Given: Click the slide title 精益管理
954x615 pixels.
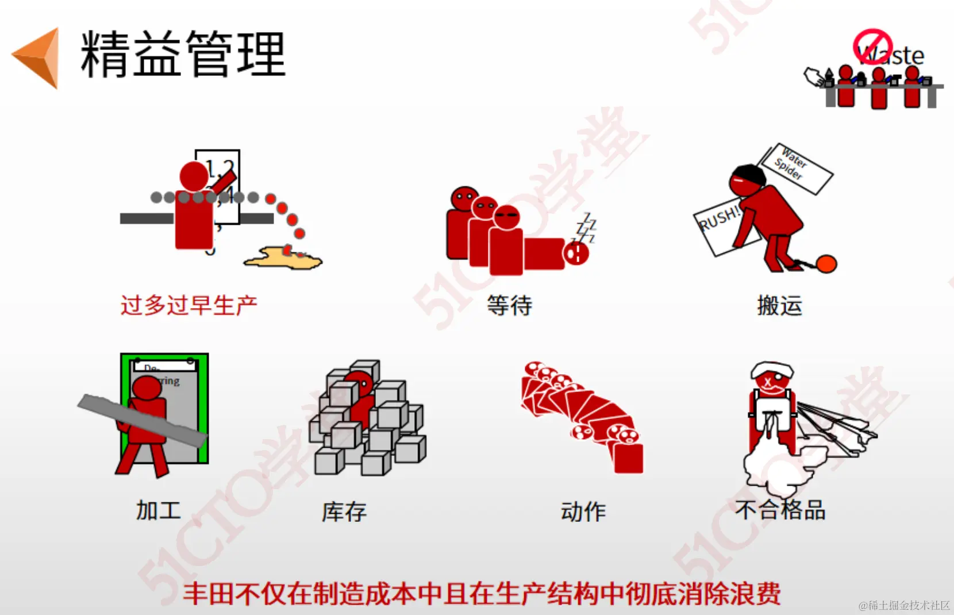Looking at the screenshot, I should [183, 54].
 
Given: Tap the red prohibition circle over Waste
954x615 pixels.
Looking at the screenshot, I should [872, 47].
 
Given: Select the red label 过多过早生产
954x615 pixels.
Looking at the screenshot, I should [189, 305].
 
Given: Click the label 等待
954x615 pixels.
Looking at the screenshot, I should [509, 305].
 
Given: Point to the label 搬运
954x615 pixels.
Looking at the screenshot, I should [779, 305].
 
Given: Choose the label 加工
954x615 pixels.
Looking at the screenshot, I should [159, 510].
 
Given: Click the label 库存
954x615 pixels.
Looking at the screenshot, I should [344, 512].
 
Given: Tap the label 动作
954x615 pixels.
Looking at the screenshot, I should [583, 512].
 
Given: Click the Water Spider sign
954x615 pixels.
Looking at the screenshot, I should [796, 168].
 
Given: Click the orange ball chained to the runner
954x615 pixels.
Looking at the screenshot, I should [826, 263].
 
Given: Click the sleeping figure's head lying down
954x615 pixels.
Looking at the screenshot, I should [576, 253].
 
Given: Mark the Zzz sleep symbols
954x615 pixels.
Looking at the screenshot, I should [586, 228].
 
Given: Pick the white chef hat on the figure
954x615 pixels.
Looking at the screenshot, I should [771, 369].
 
